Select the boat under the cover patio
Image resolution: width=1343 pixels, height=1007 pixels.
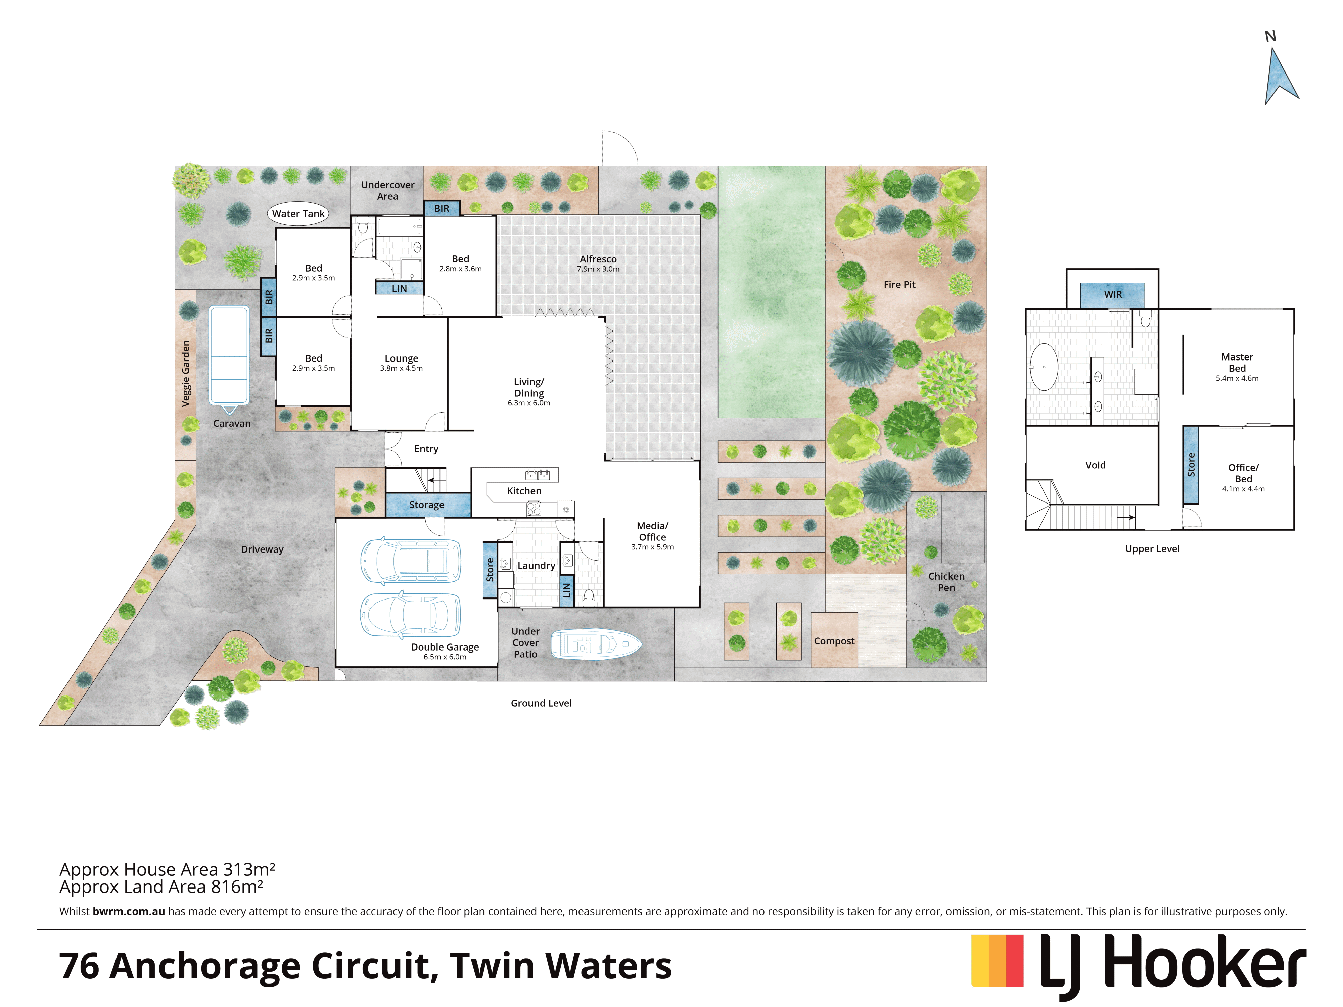coord(596,644)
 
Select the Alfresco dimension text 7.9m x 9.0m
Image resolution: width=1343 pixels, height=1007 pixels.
coord(598,269)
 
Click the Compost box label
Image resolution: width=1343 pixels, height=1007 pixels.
coord(834,641)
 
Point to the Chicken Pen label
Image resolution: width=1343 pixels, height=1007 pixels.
coord(946,581)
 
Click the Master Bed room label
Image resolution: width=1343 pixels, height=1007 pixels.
coord(1237,363)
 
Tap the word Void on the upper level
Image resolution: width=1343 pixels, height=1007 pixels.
coord(1095,465)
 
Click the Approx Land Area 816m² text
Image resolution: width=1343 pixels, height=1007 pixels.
coord(161,887)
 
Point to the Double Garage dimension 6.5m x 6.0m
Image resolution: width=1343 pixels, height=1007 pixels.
coord(445,657)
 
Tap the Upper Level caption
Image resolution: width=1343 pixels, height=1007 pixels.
coord(1152,549)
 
